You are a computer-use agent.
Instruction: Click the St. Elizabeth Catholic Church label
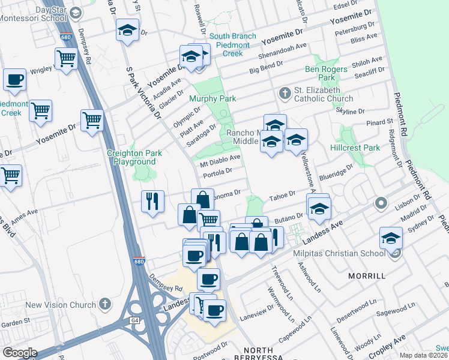(331, 94)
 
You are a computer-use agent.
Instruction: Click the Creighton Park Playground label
(131, 157)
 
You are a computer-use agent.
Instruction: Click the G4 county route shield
(133, 321)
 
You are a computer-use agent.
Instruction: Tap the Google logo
(20, 352)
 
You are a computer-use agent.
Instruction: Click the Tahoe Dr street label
(283, 194)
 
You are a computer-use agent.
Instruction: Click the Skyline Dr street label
(351, 112)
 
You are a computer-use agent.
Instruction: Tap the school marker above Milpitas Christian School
(391, 238)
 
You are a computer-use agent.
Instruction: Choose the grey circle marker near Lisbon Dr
(380, 203)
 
